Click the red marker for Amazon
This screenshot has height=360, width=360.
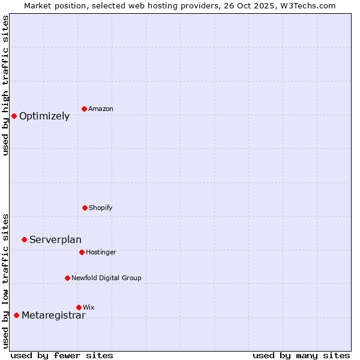click(x=84, y=109)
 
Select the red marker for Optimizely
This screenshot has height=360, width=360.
click(x=14, y=116)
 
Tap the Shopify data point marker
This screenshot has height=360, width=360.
click(x=85, y=208)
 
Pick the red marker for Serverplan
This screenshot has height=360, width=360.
click(x=24, y=239)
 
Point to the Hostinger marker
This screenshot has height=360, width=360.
click(x=82, y=252)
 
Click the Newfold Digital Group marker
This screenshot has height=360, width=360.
click(x=67, y=278)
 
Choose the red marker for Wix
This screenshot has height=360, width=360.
click(x=79, y=307)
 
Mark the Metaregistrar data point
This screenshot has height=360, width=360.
click(x=16, y=315)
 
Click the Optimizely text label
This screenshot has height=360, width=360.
click(x=44, y=116)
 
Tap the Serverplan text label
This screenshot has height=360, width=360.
click(x=55, y=240)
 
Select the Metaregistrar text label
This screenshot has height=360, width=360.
click(x=53, y=316)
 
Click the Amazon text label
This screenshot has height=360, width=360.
click(x=101, y=109)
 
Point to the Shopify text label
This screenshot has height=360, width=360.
click(x=101, y=208)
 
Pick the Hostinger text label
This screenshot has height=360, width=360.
click(x=101, y=253)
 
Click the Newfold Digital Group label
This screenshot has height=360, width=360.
click(x=106, y=278)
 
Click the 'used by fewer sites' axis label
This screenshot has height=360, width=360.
click(x=62, y=355)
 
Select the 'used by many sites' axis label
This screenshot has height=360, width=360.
click(x=301, y=355)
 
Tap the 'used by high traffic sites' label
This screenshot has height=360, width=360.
click(x=5, y=85)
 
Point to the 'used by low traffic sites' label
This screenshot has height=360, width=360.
click(x=5, y=281)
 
